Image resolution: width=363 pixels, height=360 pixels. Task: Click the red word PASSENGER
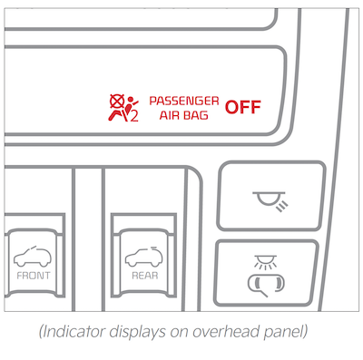[x=184, y=101]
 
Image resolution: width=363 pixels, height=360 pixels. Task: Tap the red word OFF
[x=243, y=107]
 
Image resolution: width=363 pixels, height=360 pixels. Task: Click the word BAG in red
[x=196, y=115]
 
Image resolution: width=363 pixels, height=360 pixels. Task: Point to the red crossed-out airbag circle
[x=117, y=102]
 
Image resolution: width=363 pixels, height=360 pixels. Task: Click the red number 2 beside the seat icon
[x=134, y=117]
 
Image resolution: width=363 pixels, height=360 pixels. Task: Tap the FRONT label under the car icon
[x=34, y=276]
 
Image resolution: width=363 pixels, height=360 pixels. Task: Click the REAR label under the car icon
[x=145, y=276]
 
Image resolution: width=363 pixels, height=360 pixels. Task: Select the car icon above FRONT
[x=33, y=257]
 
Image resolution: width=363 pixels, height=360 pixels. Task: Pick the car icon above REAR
[x=144, y=257]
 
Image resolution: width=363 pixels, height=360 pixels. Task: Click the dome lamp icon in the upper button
[x=270, y=199]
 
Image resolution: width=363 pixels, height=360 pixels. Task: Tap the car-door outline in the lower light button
[x=266, y=283]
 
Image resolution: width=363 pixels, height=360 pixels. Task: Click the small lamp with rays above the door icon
[x=266, y=262]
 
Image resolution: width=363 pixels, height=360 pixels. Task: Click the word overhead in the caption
[x=227, y=332]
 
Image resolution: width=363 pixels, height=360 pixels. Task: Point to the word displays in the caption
[x=138, y=333]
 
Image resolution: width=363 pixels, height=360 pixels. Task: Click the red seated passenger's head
[x=131, y=99]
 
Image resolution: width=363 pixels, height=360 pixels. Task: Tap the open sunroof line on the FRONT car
[x=32, y=248]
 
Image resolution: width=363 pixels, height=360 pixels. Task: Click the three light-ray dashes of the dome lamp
[x=282, y=207]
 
